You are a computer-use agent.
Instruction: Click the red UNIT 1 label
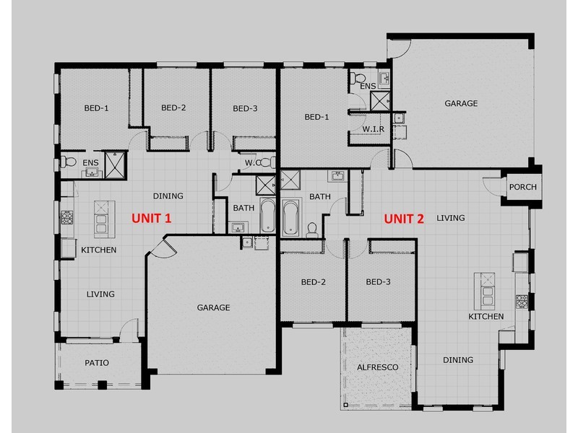150,218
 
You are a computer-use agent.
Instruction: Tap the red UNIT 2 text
403,218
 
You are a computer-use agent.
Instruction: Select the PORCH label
522,187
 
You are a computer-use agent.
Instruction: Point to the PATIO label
96,363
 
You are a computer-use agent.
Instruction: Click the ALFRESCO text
377,367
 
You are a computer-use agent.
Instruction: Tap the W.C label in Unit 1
252,162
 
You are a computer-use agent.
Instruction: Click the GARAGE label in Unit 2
461,103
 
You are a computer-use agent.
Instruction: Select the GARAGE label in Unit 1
213,307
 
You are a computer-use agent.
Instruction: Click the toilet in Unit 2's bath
312,229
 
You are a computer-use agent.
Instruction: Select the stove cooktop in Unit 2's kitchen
520,299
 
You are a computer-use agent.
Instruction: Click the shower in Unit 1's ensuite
114,165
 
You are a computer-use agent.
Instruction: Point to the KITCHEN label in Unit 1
99,250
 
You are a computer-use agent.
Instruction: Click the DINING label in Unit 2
458,360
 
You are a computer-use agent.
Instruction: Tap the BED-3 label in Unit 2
378,282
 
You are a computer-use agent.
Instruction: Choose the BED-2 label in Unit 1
173,108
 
